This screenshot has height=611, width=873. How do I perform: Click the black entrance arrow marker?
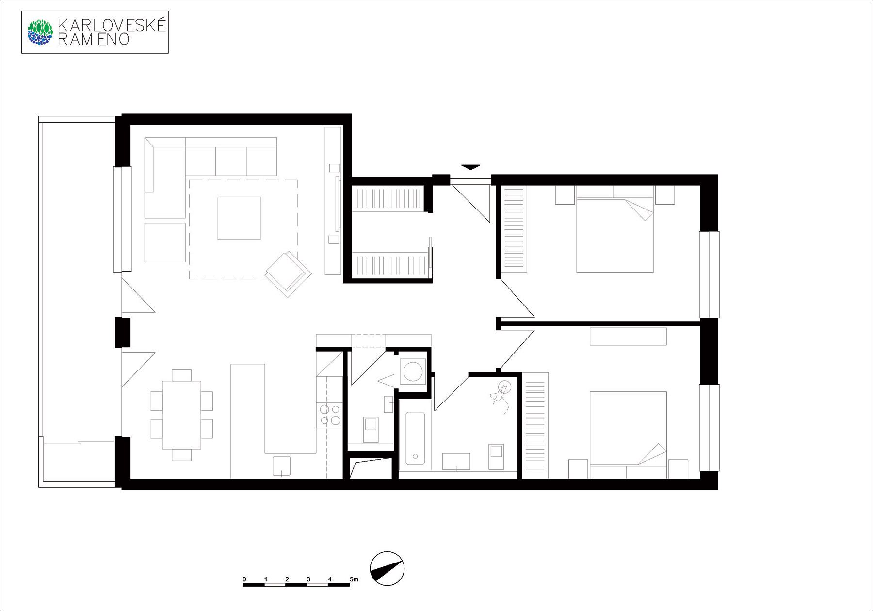coord(470,167)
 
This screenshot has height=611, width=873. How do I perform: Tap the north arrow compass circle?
coord(387,569)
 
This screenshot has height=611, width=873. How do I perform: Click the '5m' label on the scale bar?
coord(354,579)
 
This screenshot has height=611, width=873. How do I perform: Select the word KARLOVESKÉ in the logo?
coord(112,25)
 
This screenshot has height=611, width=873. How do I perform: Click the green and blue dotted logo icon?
coord(40,32)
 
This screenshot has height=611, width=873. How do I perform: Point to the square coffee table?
coord(239,218)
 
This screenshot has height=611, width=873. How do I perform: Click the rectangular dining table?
coord(181,415)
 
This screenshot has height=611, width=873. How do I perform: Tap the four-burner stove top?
coord(330,415)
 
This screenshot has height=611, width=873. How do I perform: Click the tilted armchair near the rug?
coord(289,274)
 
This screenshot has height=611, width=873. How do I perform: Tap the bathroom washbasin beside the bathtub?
coord(456,462)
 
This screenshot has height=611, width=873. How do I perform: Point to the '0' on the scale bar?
coord(244,579)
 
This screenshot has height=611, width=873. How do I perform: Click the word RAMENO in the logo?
coord(94,40)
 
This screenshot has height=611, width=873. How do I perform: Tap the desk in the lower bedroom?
coord(628,337)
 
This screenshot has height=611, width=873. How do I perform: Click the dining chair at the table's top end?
coord(181,375)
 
